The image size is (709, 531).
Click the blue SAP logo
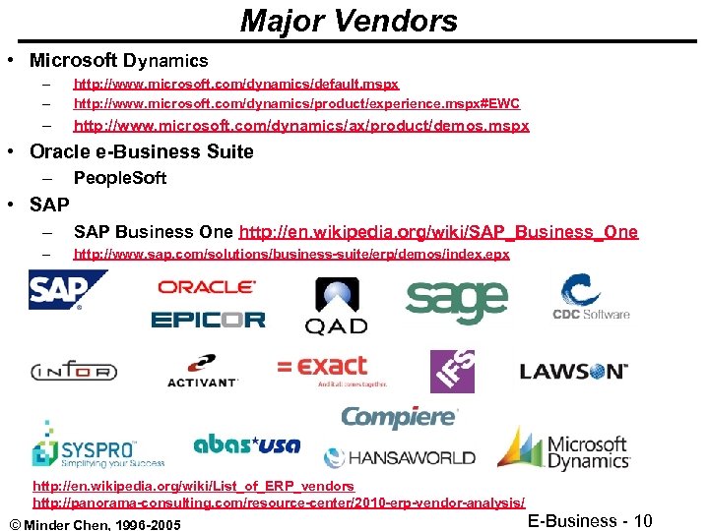coord(67,291)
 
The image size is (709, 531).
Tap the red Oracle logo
coord(207,287)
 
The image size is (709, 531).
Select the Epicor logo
coord(208,320)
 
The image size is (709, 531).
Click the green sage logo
coord(456,301)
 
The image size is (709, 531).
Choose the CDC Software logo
coord(590,298)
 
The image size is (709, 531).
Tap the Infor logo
coord(74,372)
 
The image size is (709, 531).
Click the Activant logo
coord(203,371)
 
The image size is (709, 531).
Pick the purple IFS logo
coord(452,371)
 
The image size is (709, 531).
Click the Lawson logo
coord(573,372)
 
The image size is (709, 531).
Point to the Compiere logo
coord(399,416)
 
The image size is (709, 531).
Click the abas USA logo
coord(246,444)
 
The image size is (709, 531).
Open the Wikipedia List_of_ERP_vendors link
coord(193,487)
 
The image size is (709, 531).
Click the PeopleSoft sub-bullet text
coord(120,178)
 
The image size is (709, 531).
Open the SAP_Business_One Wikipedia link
coord(438,232)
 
